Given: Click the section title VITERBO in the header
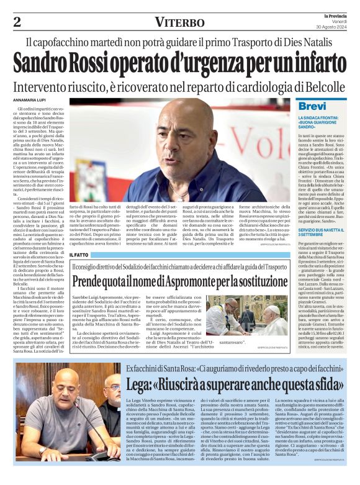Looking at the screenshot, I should tap(180, 22).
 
